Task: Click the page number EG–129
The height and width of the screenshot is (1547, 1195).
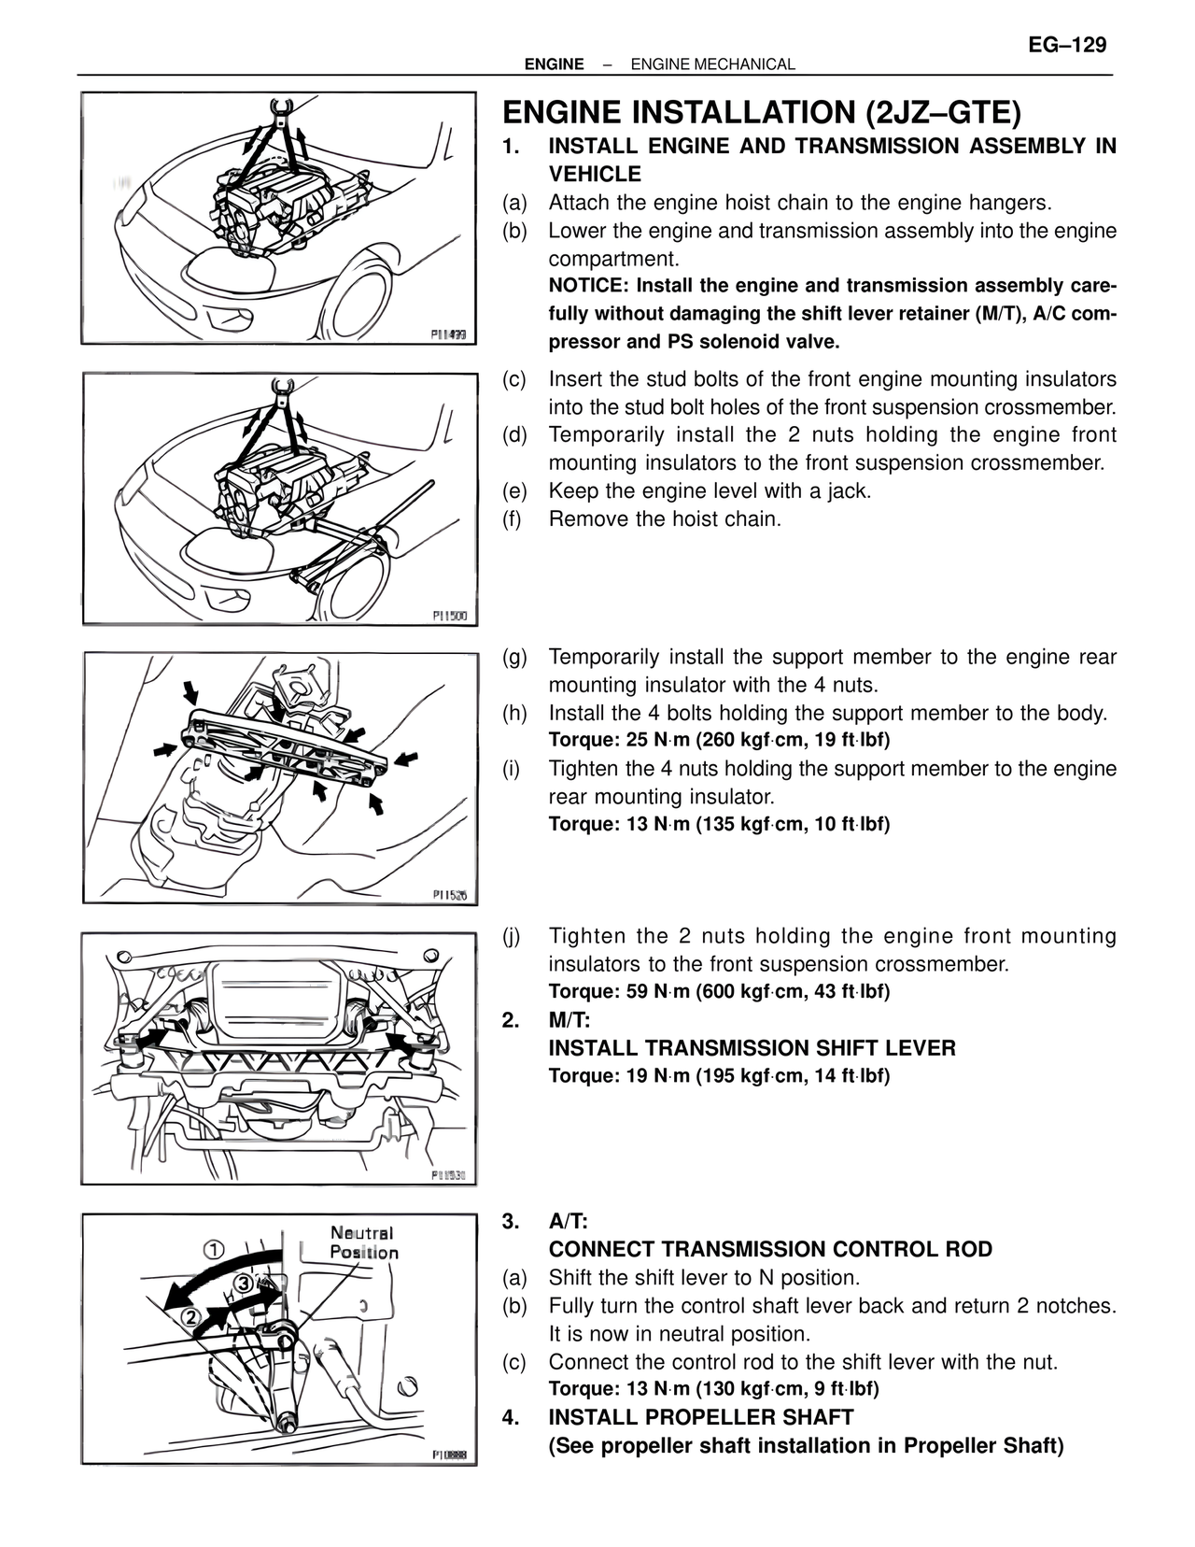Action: coord(1067,45)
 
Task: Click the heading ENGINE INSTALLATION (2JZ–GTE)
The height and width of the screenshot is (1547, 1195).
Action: coord(762,112)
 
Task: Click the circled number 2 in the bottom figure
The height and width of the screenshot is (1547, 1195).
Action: coord(190,1318)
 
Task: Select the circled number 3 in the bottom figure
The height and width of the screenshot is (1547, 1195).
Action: coord(245,1282)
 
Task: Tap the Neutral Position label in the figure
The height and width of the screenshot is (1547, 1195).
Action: coord(363,1242)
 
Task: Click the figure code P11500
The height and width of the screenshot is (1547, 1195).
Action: coord(455,617)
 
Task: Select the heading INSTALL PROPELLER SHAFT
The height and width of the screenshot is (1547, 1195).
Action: coord(700,1417)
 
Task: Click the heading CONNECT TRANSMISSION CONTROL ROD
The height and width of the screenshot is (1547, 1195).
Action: coord(770,1249)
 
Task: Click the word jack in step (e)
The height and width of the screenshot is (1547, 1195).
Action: coord(847,490)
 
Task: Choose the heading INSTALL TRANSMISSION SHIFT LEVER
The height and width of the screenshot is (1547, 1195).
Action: coord(752,1048)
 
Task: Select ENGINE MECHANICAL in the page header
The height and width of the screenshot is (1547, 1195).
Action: coord(712,64)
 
